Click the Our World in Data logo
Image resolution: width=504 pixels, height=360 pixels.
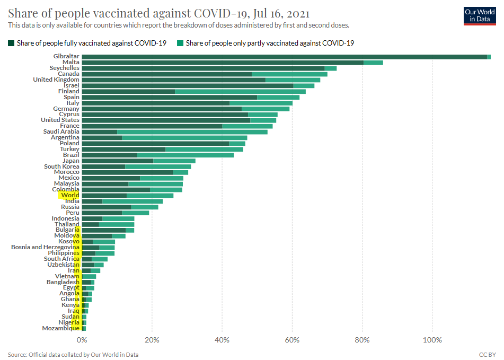point(479,16)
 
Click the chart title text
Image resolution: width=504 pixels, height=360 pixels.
point(159,13)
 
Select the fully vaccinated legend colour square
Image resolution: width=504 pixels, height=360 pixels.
point(11,43)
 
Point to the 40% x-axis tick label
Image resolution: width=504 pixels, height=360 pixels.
point(222,339)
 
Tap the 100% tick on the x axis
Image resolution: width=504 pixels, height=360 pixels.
point(432,339)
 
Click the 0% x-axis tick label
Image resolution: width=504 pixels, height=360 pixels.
point(82,339)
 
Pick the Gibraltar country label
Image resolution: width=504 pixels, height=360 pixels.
point(66,56)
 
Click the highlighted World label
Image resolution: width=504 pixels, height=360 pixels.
point(70,195)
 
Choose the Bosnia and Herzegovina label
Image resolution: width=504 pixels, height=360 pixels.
point(45,247)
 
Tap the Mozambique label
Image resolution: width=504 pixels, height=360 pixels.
point(60,328)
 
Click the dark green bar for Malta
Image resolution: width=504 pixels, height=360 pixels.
point(223,62)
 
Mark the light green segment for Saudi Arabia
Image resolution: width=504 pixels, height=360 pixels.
point(192,131)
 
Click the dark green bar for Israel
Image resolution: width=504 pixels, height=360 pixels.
point(188,85)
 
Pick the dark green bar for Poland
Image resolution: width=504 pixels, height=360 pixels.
point(155,143)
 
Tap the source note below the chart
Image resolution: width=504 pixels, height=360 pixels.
point(73,354)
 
